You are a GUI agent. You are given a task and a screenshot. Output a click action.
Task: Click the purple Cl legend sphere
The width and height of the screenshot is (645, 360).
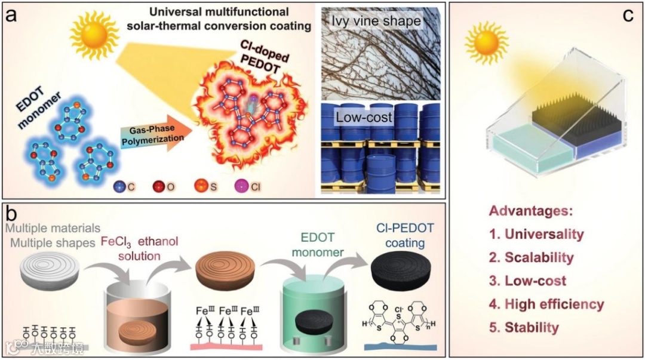pos(245,186)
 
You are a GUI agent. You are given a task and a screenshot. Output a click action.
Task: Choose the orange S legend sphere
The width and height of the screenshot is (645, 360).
pos(203,186)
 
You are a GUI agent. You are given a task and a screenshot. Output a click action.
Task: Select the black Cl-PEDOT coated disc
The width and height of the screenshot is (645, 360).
pos(401,275)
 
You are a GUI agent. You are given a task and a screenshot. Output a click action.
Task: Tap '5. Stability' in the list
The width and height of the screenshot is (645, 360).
pos(524,327)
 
